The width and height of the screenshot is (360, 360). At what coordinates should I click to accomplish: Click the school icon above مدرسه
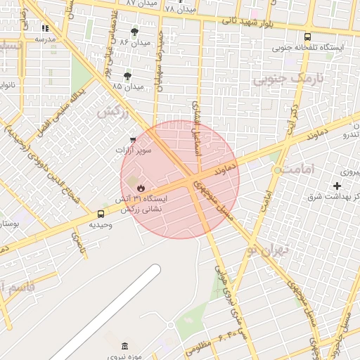[x=46, y=28]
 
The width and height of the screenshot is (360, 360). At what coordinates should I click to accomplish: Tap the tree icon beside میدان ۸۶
[x=134, y=32]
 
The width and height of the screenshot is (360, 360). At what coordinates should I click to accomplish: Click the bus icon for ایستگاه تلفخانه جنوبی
[x=307, y=37]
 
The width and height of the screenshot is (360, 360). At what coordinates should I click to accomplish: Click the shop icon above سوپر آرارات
[x=132, y=139]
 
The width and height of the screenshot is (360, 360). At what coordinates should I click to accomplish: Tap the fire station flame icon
[x=141, y=188]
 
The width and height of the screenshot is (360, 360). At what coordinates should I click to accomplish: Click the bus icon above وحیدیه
[x=101, y=214]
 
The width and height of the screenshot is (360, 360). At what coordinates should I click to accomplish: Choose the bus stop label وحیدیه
[x=101, y=224]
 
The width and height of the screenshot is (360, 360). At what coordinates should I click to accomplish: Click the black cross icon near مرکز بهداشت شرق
[x=337, y=186]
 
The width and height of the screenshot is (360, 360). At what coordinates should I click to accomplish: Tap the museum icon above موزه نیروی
[x=125, y=346]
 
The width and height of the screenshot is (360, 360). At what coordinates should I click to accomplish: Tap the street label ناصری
[x=76, y=243]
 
